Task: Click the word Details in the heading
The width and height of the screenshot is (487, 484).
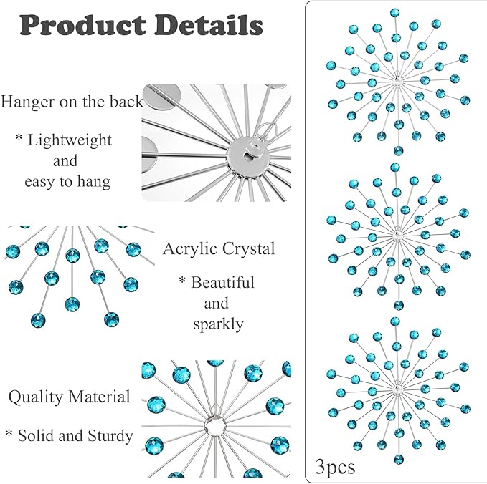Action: pyautogui.click(x=209, y=25)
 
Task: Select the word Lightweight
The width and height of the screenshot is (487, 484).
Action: pyautogui.click(x=70, y=140)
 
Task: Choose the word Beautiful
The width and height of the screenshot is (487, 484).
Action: pyautogui.click(x=222, y=283)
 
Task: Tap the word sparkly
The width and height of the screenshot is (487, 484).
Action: pyautogui.click(x=218, y=324)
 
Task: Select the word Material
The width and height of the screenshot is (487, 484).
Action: pyautogui.click(x=99, y=397)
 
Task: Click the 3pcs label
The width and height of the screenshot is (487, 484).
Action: pyautogui.click(x=335, y=468)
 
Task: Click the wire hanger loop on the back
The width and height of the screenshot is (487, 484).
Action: pyautogui.click(x=267, y=130)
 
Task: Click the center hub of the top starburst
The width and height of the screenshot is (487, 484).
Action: pyautogui.click(x=397, y=81)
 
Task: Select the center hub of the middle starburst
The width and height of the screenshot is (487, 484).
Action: pyautogui.click(x=397, y=236)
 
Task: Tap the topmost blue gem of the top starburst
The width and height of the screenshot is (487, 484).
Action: pyautogui.click(x=394, y=13)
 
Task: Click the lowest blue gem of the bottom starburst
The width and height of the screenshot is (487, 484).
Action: pyautogui.click(x=399, y=460)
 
